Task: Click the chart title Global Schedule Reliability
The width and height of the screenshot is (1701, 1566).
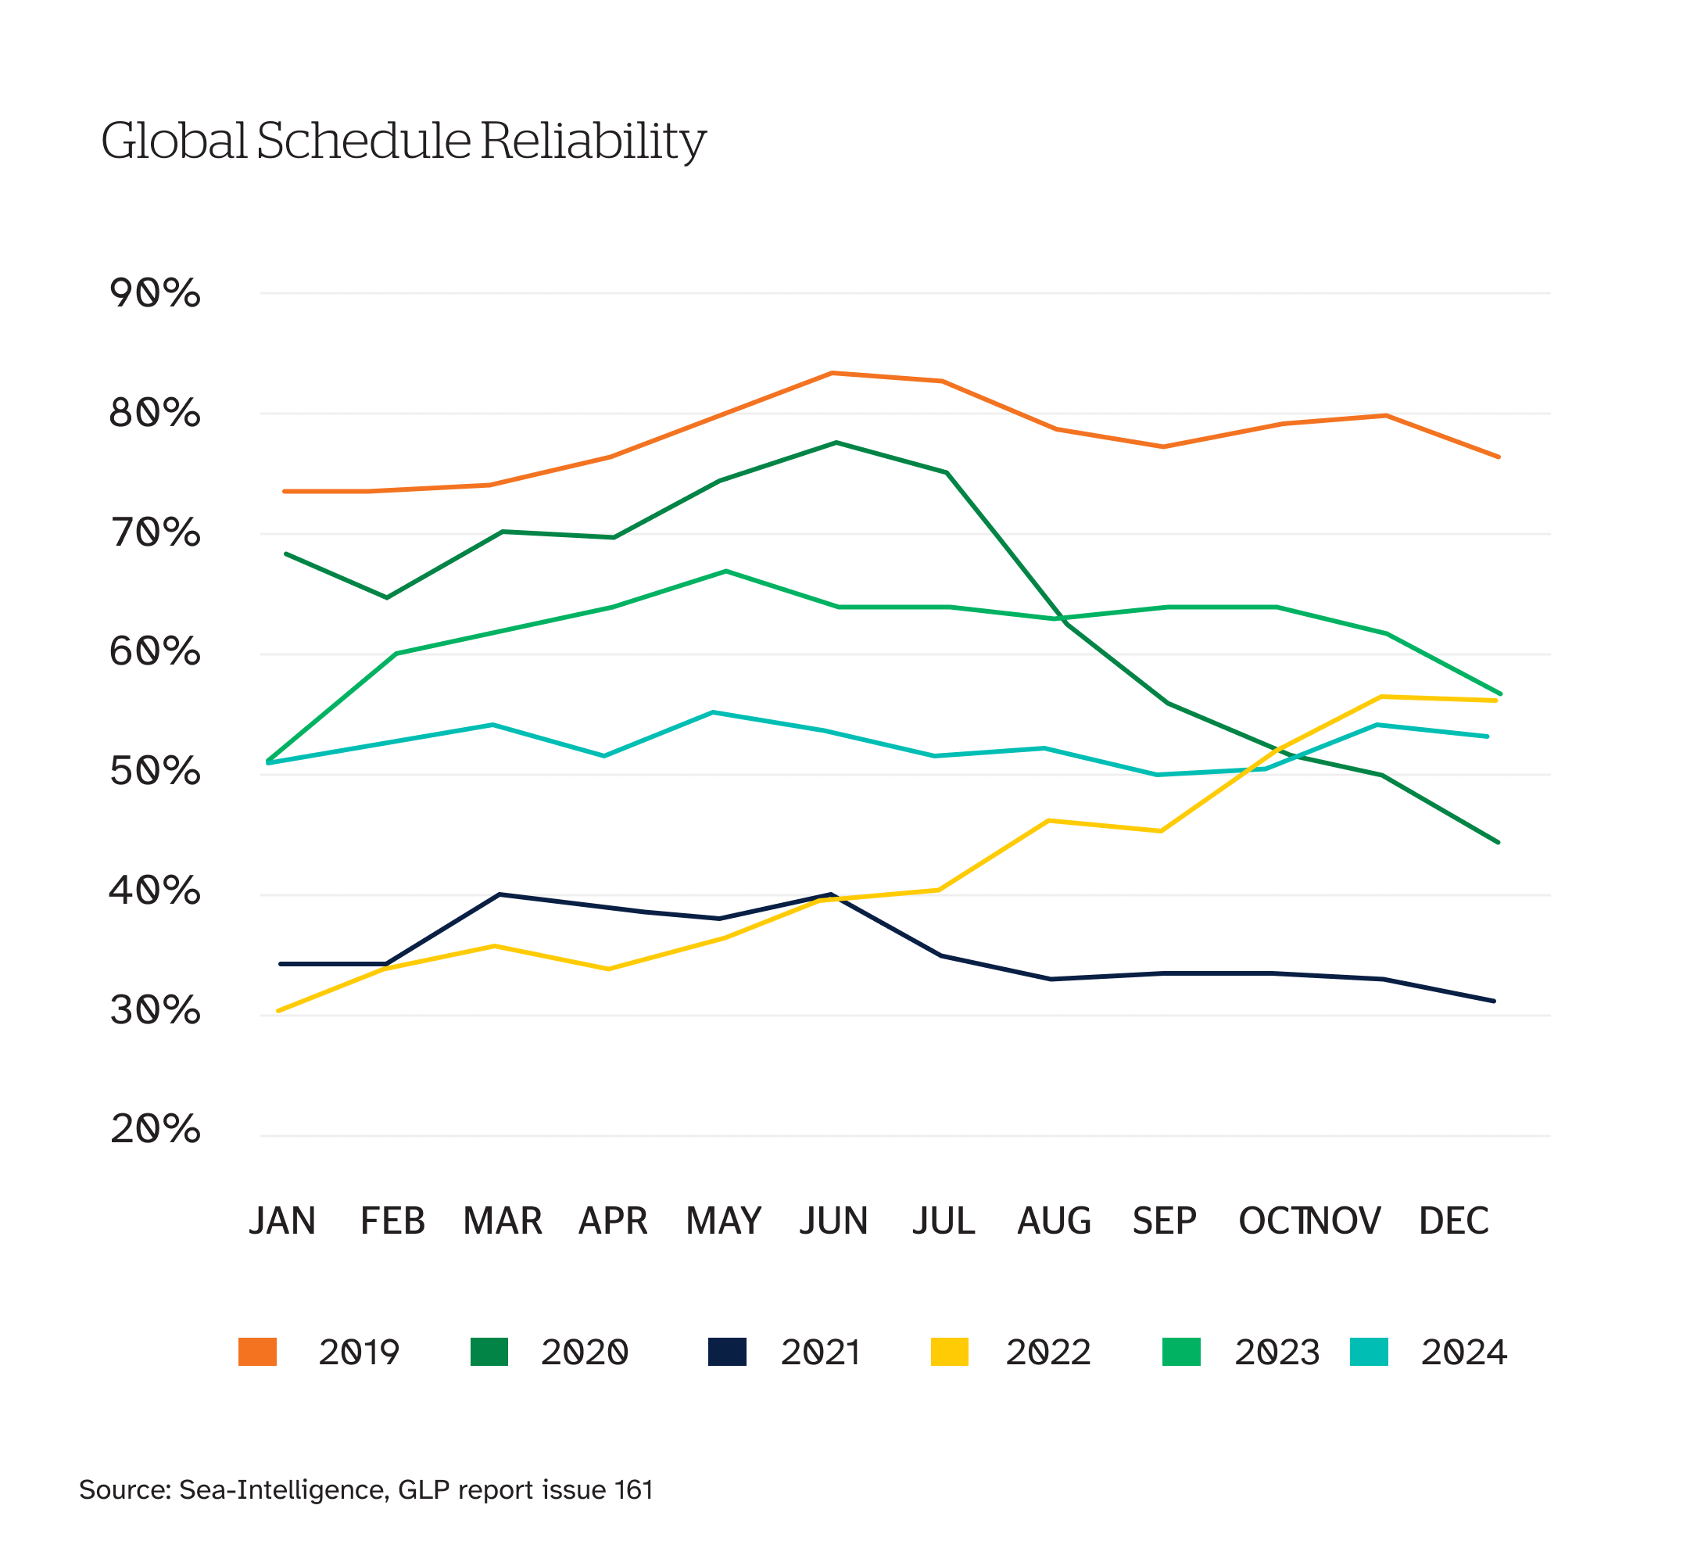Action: pos(403,141)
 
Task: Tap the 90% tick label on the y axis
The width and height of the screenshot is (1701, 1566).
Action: pos(155,293)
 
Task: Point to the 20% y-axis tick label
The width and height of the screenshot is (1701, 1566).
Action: pos(155,1129)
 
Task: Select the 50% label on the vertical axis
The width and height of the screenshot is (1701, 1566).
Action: pos(155,771)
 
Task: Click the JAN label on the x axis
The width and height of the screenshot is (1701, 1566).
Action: pos(282,1221)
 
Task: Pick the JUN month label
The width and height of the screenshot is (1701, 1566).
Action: pos(833,1221)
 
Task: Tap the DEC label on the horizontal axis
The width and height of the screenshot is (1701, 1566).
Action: pos(1454,1221)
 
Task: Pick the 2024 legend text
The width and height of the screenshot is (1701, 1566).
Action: pos(1464,1353)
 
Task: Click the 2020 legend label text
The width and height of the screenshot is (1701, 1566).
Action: pos(585,1353)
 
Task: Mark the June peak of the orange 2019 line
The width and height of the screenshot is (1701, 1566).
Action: pos(833,373)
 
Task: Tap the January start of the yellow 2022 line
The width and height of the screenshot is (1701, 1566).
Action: pos(279,1011)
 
